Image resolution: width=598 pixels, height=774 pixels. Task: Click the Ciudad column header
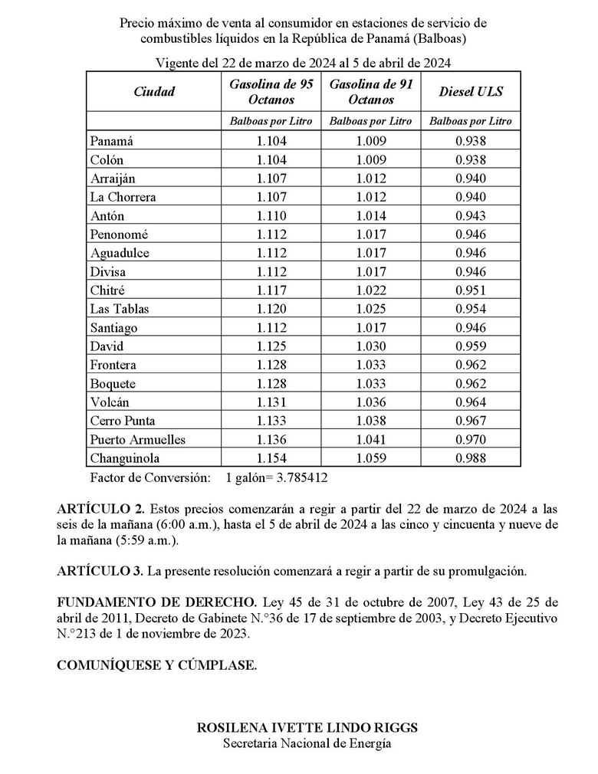(x=154, y=92)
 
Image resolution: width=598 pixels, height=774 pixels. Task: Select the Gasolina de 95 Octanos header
(x=271, y=92)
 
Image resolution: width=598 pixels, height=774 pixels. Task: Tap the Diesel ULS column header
(x=470, y=92)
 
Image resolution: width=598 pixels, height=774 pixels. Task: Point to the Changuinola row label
(x=125, y=458)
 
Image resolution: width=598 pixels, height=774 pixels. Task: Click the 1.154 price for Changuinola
(x=271, y=458)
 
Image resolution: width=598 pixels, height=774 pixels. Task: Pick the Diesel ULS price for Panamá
(x=470, y=141)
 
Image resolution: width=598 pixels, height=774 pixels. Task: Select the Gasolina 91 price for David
(x=371, y=346)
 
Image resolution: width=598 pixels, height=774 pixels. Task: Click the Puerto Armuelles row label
(x=137, y=440)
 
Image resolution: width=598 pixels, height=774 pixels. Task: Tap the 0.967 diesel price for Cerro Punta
(x=470, y=421)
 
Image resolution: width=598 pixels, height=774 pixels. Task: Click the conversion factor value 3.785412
(x=301, y=477)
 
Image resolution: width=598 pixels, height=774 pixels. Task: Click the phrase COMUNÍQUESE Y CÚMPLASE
(x=157, y=666)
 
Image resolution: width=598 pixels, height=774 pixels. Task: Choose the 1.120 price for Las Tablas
(x=271, y=309)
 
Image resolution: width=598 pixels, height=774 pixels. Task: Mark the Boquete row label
(x=113, y=384)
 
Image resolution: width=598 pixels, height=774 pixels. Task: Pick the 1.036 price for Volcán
(x=371, y=402)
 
